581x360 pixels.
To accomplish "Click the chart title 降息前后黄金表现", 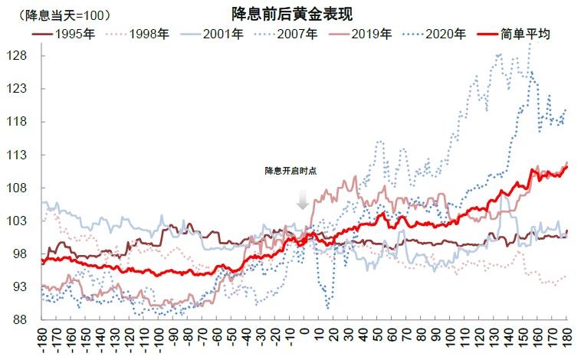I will click(292, 13).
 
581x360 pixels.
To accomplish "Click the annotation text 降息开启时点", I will click(290, 170).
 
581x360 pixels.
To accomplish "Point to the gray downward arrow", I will click(303, 199).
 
